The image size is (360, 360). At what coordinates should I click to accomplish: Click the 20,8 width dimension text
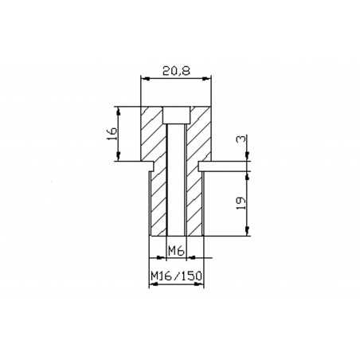tap(177, 70)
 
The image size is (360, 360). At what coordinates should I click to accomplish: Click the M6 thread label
tap(176, 251)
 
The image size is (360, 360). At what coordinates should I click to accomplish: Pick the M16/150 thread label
tap(176, 277)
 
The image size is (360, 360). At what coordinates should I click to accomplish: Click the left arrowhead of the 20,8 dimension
tap(143, 78)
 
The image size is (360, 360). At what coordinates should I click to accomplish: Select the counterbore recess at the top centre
tap(176, 115)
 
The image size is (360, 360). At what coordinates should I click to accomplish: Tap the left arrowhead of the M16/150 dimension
tap(153, 285)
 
